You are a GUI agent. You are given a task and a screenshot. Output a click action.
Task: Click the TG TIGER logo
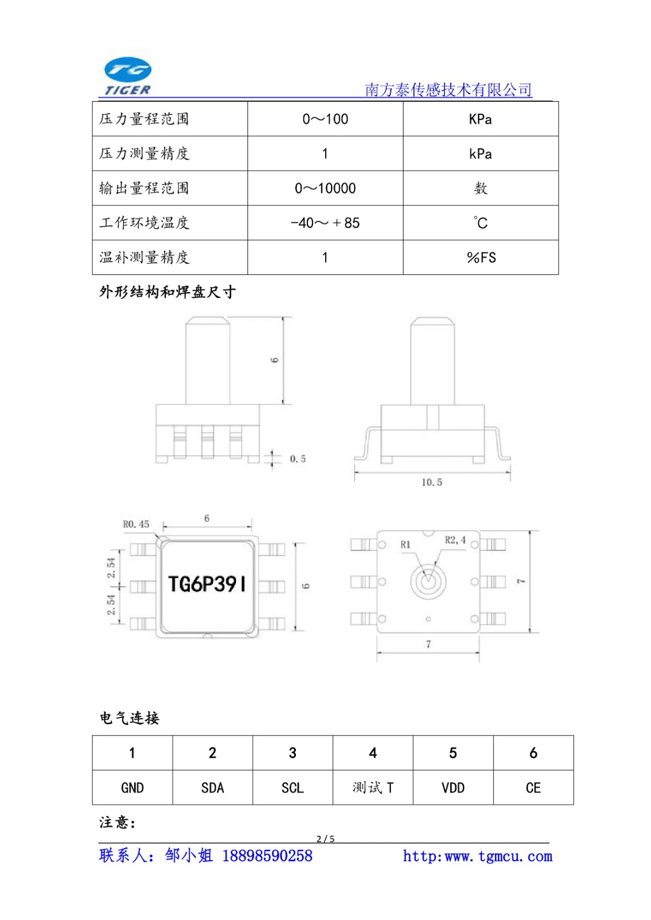[x=127, y=76]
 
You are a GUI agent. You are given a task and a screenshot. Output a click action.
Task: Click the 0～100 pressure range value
[x=325, y=119]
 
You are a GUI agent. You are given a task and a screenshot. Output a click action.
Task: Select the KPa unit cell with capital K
[x=480, y=119]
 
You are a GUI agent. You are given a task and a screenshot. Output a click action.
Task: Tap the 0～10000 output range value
[x=325, y=188]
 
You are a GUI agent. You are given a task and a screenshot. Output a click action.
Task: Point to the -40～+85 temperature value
[x=325, y=223]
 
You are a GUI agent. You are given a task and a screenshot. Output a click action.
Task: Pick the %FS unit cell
[x=481, y=258]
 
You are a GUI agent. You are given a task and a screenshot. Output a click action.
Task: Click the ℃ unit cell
[x=480, y=223]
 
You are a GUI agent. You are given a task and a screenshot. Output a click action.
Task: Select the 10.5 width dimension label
[x=432, y=482]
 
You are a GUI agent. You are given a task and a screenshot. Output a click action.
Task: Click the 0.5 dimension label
[x=298, y=459]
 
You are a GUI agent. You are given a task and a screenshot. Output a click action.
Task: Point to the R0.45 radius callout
[x=136, y=524]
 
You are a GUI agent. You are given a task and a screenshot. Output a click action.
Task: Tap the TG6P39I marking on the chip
[x=207, y=584]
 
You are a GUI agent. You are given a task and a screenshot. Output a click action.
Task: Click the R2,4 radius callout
[x=455, y=540]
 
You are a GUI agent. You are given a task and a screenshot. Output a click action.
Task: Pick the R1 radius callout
[x=405, y=545]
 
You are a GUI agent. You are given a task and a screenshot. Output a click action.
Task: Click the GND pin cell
[x=132, y=788]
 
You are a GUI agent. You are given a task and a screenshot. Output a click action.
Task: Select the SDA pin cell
[x=212, y=788]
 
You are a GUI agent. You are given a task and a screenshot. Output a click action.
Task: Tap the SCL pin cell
[x=293, y=788]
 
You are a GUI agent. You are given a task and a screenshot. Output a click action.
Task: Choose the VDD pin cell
[x=453, y=788]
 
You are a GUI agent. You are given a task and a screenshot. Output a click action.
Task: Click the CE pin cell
[x=534, y=788]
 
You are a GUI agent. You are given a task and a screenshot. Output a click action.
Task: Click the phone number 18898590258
[x=267, y=856]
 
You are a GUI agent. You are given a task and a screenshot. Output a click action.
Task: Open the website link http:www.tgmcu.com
[x=477, y=856]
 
